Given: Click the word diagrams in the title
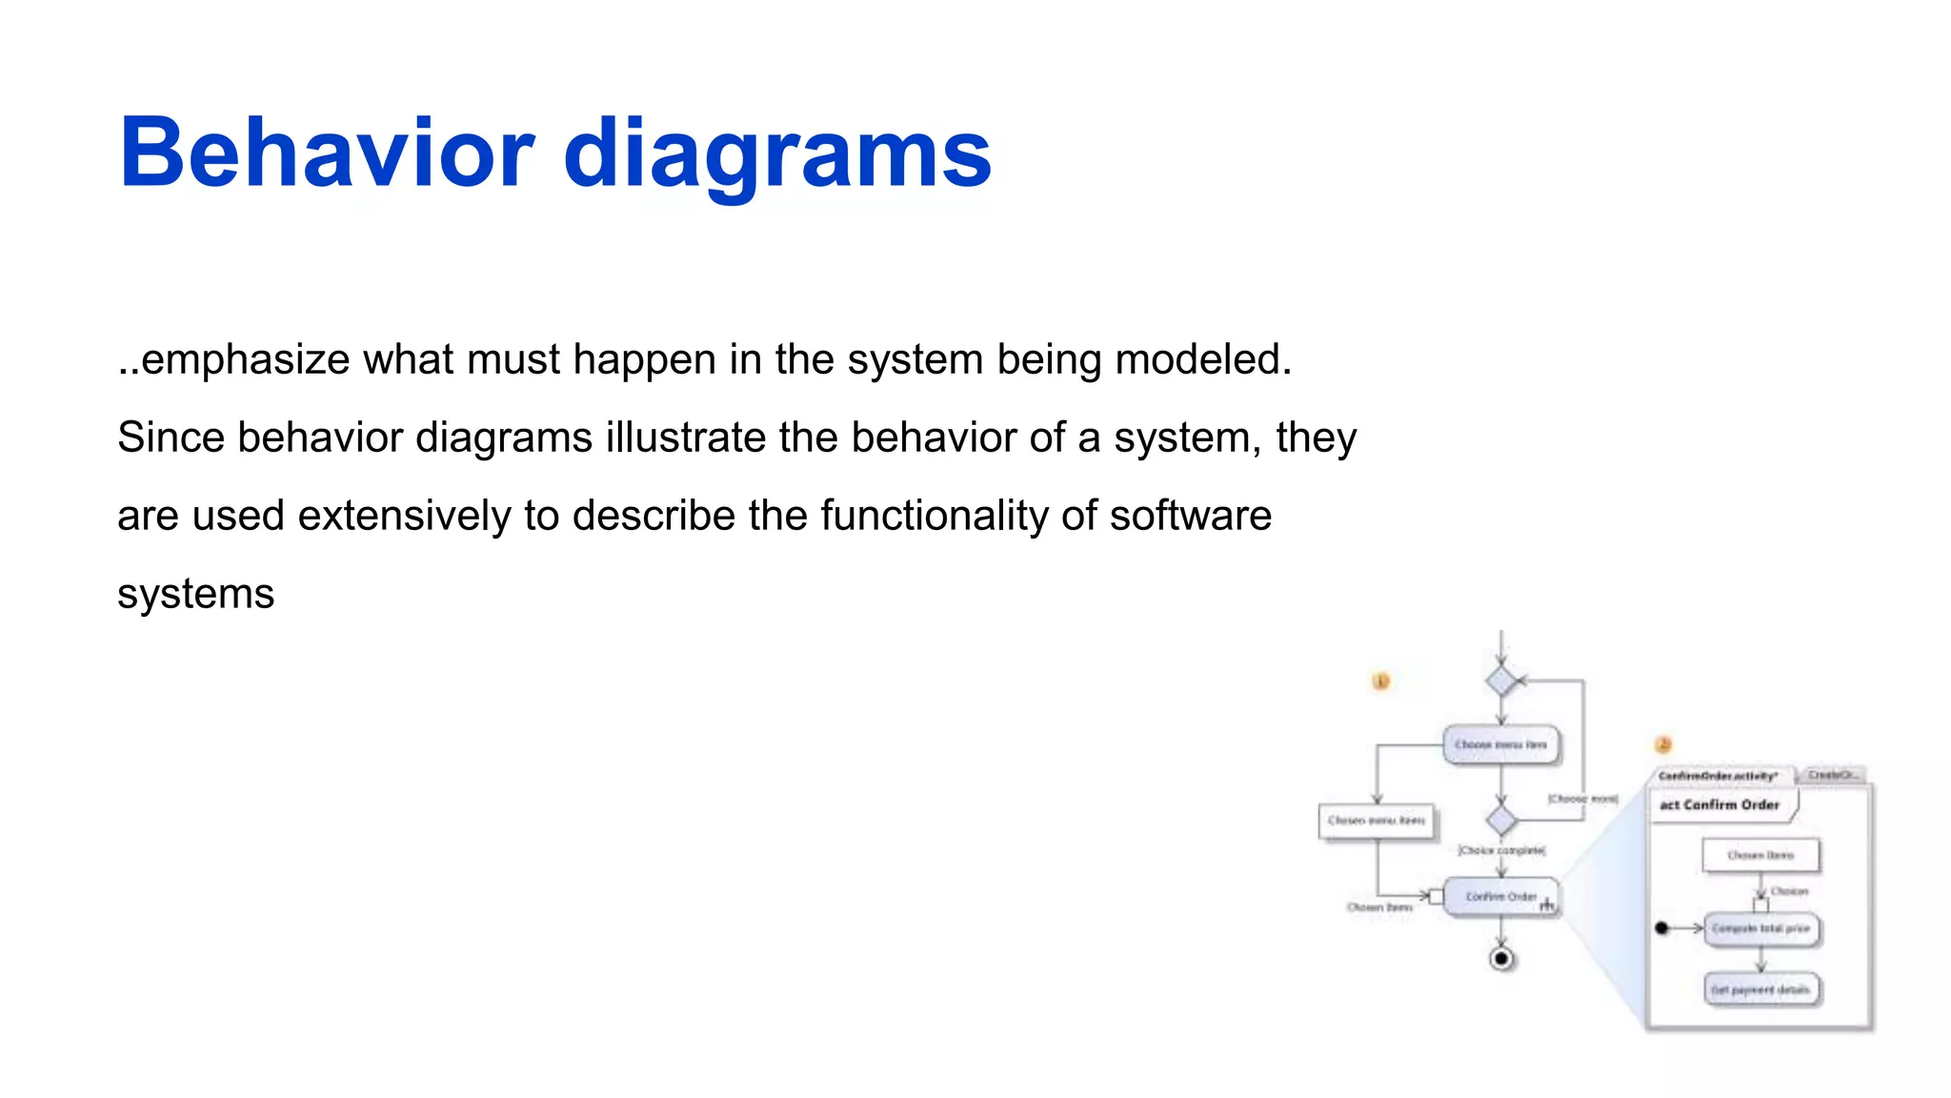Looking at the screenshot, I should pos(776,153).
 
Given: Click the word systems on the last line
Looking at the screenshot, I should pos(195,595).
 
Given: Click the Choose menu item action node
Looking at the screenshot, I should pos(1500,744).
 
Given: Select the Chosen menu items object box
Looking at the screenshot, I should pos(1377,821).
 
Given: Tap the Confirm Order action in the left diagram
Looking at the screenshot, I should pos(1500,897).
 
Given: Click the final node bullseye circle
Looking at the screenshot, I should pos(1501,959).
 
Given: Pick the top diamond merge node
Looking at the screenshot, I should pos(1501,681).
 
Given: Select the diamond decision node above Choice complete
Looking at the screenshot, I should pos(1501,821).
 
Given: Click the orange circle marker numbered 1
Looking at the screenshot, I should pos(1380,681).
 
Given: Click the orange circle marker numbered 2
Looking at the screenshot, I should pos(1663,744).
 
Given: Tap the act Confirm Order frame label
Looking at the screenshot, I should pos(1720,805).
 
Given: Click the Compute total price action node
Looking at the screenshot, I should pos(1760,928).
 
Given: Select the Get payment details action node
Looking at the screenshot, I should pos(1760,990).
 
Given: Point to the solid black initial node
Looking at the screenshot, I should pos(1662,928).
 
